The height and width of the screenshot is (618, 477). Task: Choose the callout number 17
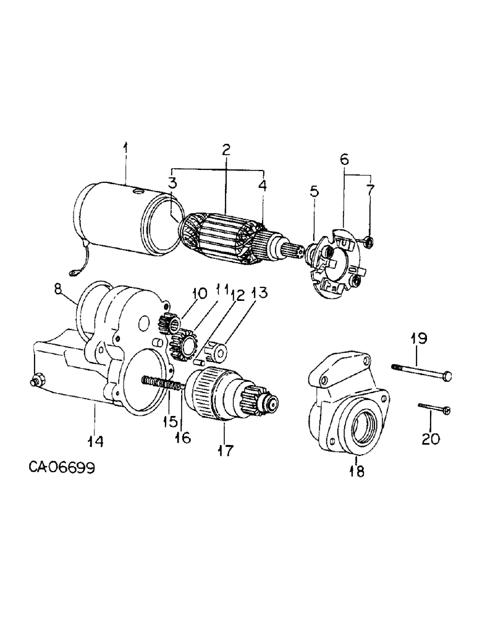[x=225, y=451]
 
